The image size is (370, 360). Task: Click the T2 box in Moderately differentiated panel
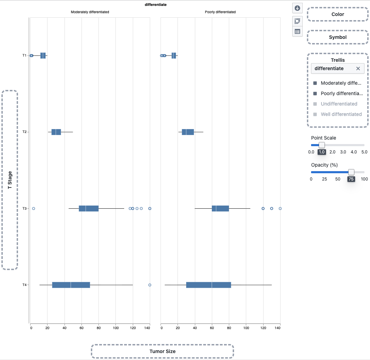(56, 132)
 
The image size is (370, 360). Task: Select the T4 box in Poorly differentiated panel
(208, 285)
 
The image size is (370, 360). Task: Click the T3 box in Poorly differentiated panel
(220, 209)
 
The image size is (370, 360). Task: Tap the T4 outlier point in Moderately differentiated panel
(150, 285)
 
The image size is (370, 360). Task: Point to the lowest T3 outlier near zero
(34, 208)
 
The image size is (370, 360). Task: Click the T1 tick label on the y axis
(25, 56)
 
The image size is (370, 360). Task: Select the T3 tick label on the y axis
(25, 208)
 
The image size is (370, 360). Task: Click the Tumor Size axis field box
(162, 351)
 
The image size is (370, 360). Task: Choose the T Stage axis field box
(10, 180)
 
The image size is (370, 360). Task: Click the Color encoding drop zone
(337, 14)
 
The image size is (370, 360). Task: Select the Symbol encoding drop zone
(337, 37)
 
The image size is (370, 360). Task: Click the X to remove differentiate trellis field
(358, 69)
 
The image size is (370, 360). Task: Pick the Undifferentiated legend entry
(338, 104)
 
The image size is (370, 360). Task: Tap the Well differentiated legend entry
(341, 114)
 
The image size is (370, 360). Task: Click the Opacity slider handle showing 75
(351, 172)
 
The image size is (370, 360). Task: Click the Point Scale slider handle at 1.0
(322, 145)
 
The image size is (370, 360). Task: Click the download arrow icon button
(297, 8)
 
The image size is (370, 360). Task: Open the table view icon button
(297, 32)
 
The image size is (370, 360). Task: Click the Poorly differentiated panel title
(220, 12)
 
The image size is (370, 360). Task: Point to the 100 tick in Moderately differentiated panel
(116, 327)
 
